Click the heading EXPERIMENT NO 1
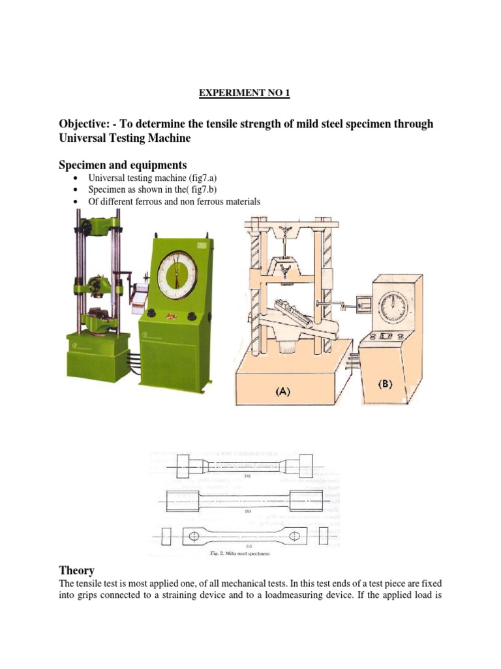point(244,93)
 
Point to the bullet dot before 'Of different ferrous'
point(77,202)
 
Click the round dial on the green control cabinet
point(176,272)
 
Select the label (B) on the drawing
point(385,384)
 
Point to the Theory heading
point(76,570)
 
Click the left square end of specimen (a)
point(183,466)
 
